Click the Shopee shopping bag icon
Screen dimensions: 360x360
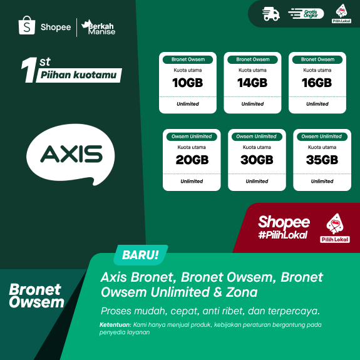[27, 26]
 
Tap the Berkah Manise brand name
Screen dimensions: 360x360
[100, 28]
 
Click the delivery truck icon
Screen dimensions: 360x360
[271, 14]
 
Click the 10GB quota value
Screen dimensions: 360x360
[187, 83]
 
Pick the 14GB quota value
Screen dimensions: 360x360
[252, 83]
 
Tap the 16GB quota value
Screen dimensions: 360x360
[317, 83]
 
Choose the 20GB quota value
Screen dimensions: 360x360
[192, 160]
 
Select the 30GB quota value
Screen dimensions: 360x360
[257, 160]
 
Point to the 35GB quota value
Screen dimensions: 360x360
[322, 160]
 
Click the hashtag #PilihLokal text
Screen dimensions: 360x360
[283, 235]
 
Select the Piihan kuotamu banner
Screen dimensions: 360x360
[78, 76]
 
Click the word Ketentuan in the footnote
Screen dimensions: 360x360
[115, 325]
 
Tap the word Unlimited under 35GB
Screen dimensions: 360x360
[322, 182]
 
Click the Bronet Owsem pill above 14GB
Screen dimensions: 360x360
[252, 59]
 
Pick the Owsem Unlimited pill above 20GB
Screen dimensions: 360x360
[192, 136]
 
